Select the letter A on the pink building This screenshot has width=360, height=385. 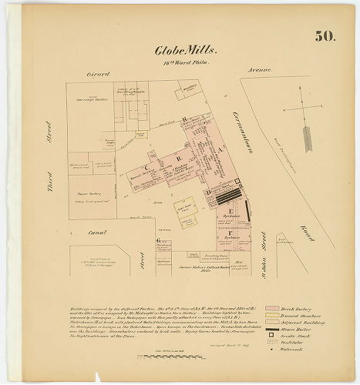tap(221, 149)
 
